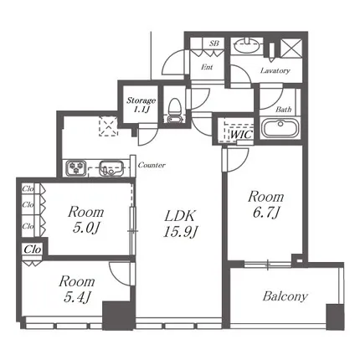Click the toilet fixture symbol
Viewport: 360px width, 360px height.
pos(175,111)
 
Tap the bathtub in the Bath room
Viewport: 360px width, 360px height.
pos(280,128)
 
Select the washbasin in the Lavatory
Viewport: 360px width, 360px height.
pos(247,46)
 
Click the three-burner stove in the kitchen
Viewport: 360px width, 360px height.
pos(75,168)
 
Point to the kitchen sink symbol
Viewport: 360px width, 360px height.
pos(111,168)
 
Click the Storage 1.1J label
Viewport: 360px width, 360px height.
pos(141,105)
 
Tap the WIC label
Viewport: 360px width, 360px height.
pos(241,135)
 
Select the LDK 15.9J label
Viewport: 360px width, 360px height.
pos(181,224)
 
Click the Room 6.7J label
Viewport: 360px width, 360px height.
pos(266,204)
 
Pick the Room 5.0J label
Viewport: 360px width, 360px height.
pos(85,220)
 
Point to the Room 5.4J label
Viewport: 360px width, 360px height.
pos(77,290)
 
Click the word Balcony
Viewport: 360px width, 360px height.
pos(285,296)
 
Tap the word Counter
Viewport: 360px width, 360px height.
pos(152,165)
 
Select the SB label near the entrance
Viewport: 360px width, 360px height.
pos(214,44)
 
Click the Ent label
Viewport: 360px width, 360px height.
pos(207,67)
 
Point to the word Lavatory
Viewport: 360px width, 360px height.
pos(275,70)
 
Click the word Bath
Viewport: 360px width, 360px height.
pos(284,110)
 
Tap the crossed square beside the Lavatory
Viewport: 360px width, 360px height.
pos(291,49)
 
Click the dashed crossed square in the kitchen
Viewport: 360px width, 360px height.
pos(108,126)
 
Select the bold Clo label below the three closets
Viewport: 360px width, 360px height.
pos(33,249)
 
